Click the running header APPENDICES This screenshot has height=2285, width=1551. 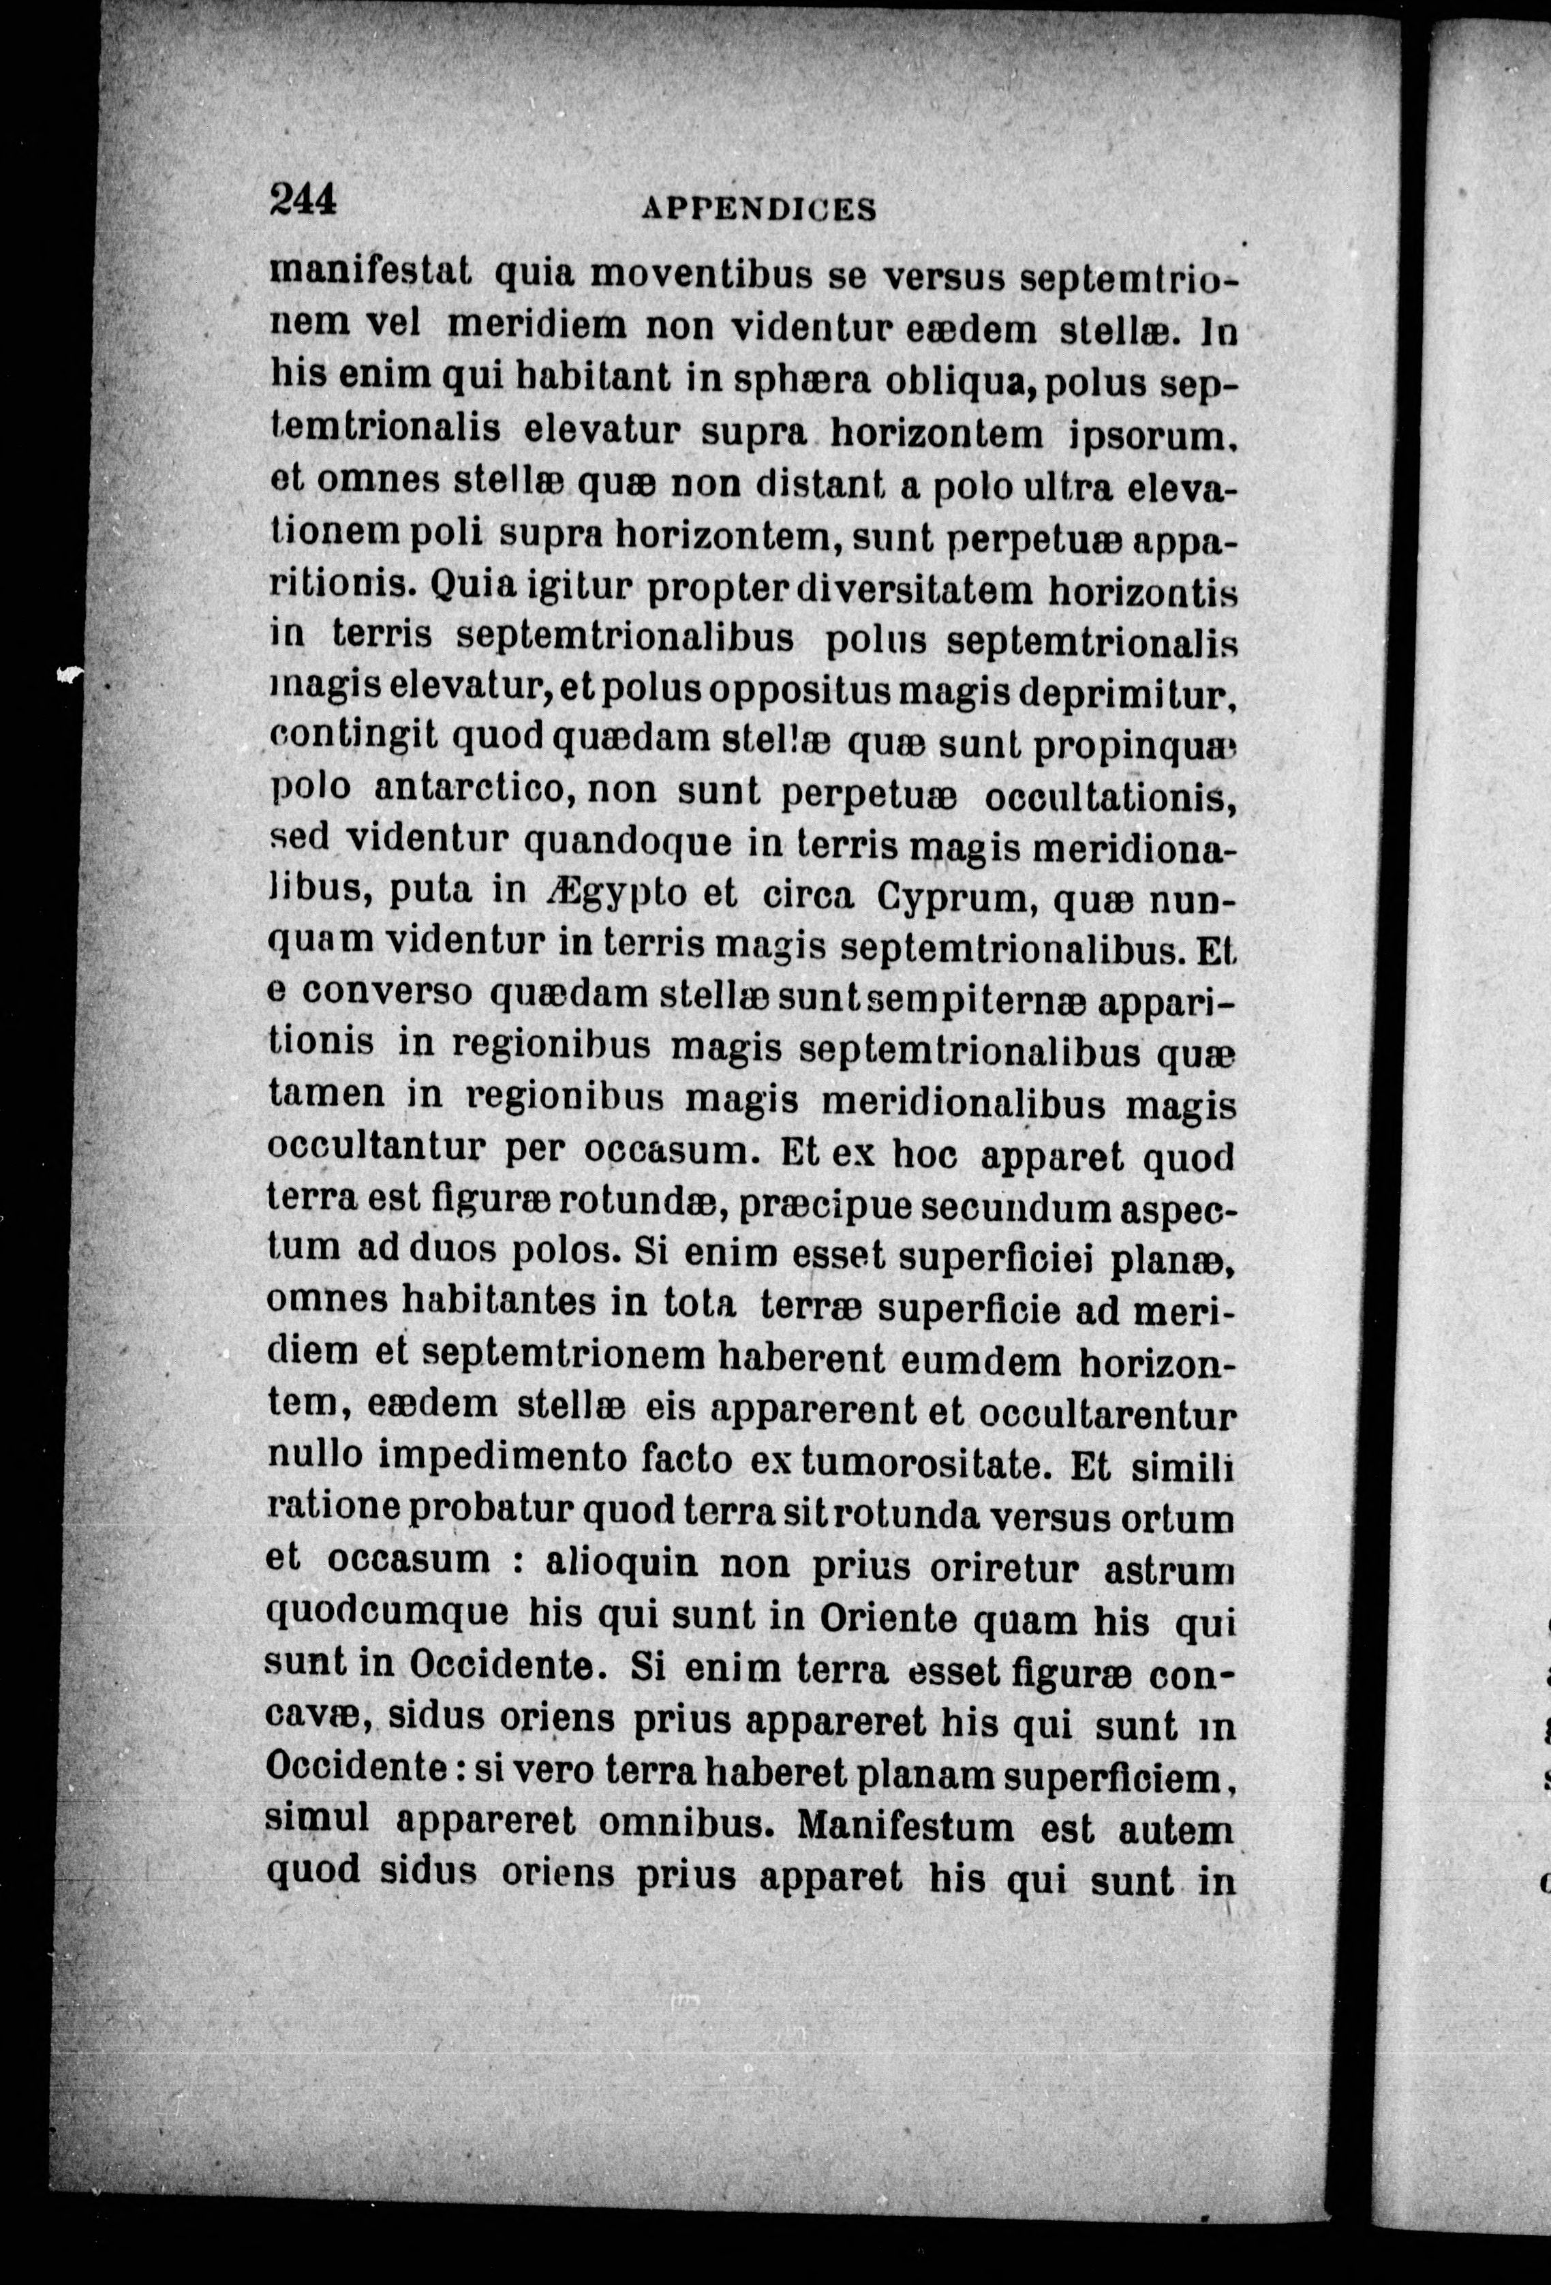pyautogui.click(x=757, y=209)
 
